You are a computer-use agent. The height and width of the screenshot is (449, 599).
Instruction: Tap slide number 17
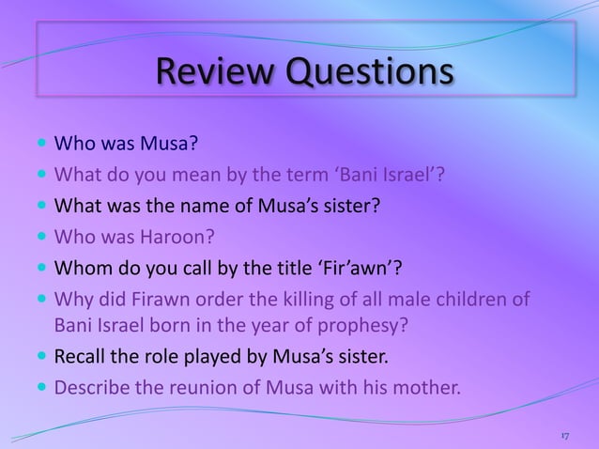point(564,437)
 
